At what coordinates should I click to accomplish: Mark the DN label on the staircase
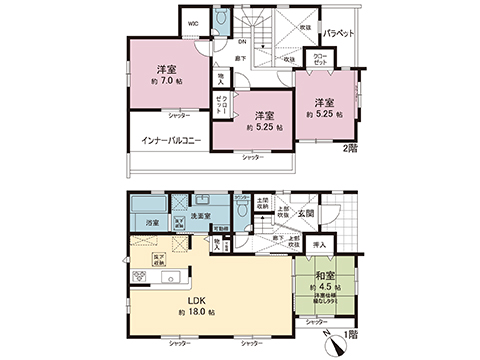point(241,42)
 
